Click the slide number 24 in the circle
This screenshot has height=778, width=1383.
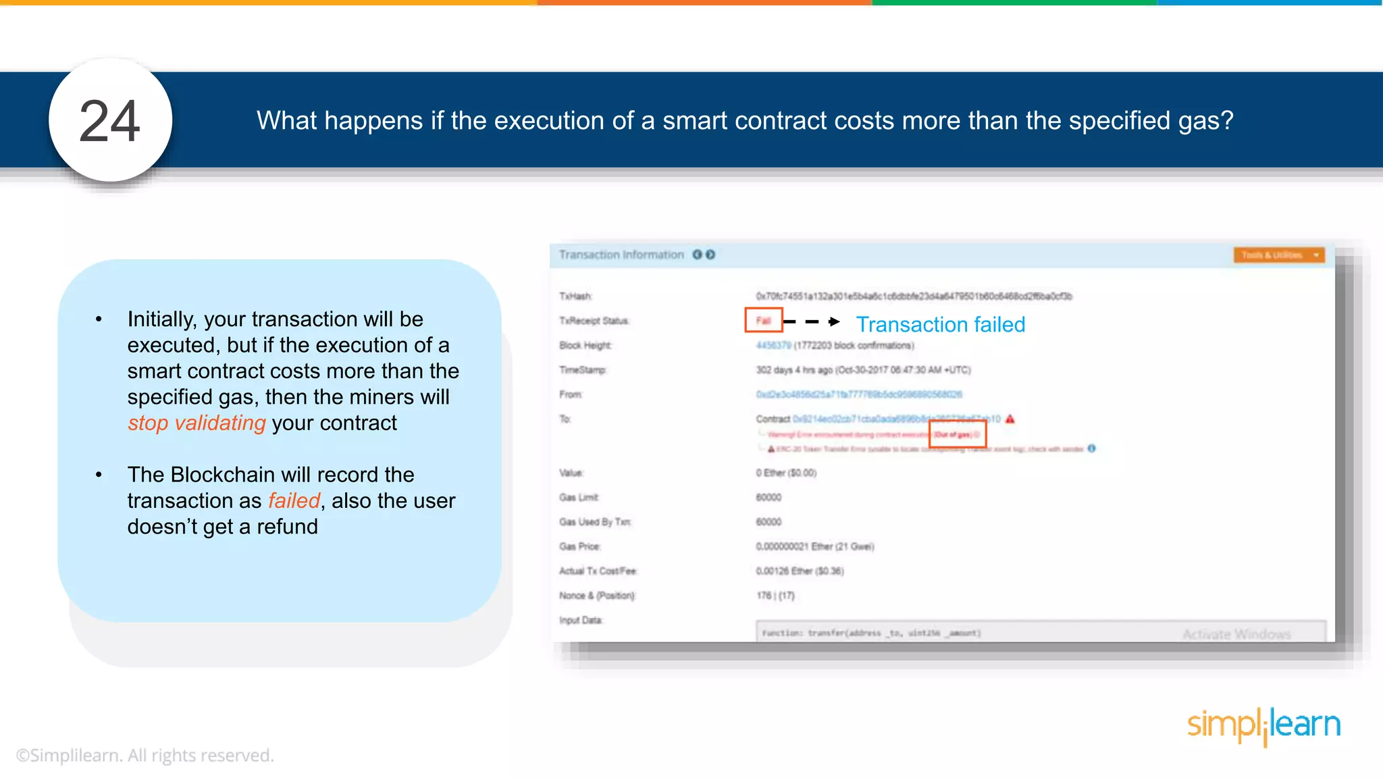(x=110, y=122)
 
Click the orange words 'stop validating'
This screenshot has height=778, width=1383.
(x=197, y=423)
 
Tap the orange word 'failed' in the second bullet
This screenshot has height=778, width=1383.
(x=294, y=500)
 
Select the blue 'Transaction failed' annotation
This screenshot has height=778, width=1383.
(x=940, y=325)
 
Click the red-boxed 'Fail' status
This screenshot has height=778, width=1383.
(x=763, y=320)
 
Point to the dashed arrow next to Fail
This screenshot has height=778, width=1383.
(x=812, y=322)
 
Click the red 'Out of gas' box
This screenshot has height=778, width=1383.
(x=958, y=434)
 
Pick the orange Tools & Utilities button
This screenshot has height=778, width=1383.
(x=1278, y=255)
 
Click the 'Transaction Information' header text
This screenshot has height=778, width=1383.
(x=621, y=255)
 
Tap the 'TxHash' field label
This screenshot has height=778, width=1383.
(x=575, y=296)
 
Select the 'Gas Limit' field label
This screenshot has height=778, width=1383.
(x=579, y=498)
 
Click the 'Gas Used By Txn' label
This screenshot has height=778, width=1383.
(x=595, y=522)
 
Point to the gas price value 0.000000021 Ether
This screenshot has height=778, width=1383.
(x=814, y=546)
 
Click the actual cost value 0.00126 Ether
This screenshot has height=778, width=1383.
(x=800, y=571)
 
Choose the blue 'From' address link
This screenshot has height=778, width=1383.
(x=858, y=394)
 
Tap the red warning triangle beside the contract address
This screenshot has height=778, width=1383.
(x=1010, y=419)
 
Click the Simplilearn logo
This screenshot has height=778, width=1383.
(x=1263, y=726)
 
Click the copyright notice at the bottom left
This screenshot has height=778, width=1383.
(x=145, y=755)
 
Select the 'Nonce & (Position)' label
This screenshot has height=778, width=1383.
(x=597, y=596)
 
